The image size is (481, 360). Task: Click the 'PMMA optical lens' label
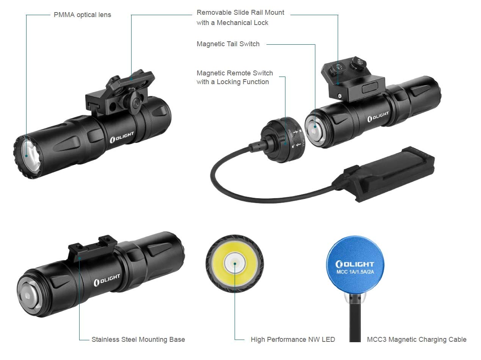point(82,15)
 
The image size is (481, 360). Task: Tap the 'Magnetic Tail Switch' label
point(228,44)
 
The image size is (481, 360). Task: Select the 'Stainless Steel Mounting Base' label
point(138,339)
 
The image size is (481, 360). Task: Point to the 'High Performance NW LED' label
point(293,339)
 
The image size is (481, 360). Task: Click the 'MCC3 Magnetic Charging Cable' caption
point(416,339)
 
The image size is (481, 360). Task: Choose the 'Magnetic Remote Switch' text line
point(234,73)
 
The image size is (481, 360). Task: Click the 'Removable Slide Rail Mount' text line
point(240,13)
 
